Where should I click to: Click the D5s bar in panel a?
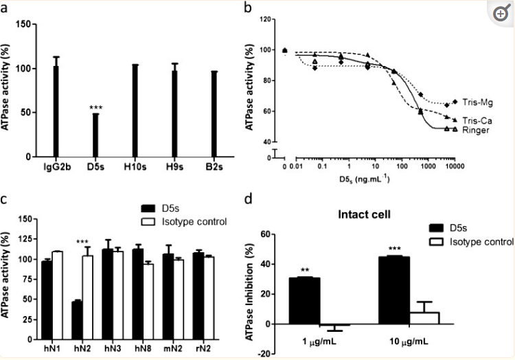[95, 135]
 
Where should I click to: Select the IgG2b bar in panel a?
[56, 113]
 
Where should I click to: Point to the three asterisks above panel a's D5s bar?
[95, 107]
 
